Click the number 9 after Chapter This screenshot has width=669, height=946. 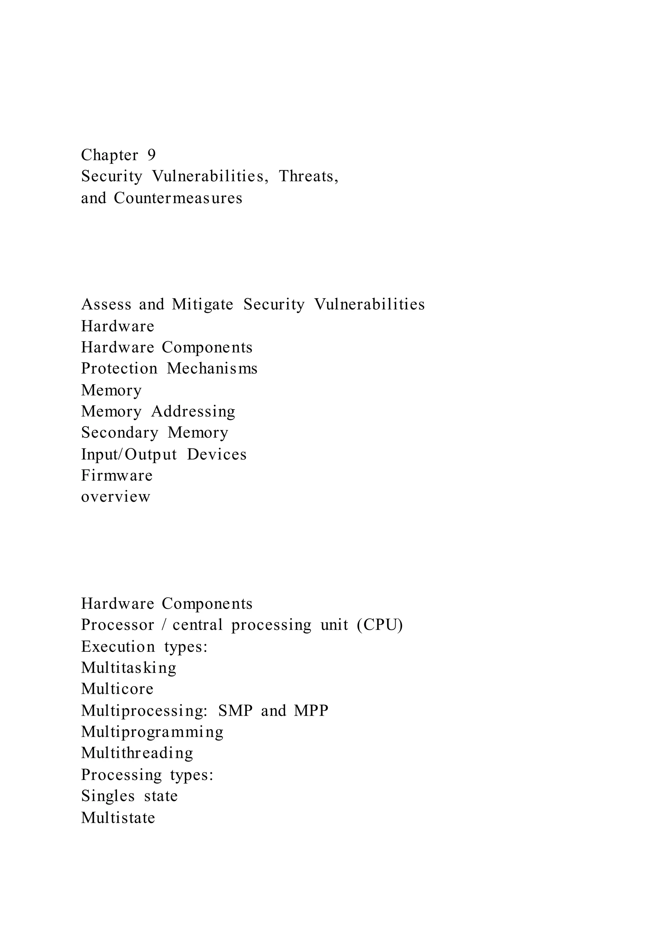tap(152, 155)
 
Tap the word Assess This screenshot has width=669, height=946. tap(106, 304)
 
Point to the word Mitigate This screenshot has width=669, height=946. tap(202, 304)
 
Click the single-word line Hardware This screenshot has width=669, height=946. tap(117, 326)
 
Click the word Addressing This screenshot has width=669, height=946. tap(193, 411)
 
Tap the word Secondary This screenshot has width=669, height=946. tap(120, 432)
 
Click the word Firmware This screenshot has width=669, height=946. tap(117, 476)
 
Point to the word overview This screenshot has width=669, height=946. tap(116, 497)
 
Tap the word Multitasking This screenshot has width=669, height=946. tap(128, 667)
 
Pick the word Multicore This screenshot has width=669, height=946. tap(117, 689)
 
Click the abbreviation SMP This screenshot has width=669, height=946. tap(235, 710)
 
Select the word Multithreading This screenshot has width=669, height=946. tap(137, 753)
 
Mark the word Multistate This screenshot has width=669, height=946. tap(118, 817)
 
